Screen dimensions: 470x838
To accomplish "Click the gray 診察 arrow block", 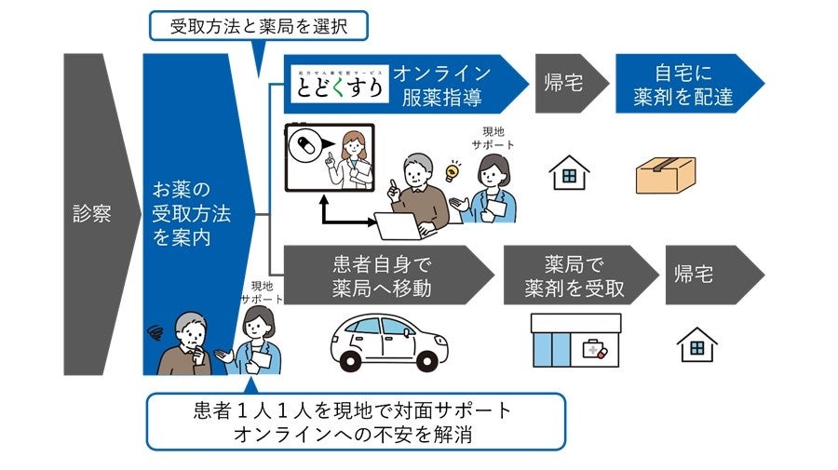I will point(93,214).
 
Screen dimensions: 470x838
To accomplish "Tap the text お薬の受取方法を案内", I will point(191,215).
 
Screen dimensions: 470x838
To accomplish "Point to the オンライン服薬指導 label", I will point(440,84).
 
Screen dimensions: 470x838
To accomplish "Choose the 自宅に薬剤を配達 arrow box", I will point(681,84).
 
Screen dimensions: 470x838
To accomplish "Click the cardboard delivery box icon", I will point(665,175).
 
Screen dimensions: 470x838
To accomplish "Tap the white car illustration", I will point(385,342).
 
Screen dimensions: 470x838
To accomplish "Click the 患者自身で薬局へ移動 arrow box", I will point(382,275).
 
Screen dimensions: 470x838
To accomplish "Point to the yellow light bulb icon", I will point(453,170).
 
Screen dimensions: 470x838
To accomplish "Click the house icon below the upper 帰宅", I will point(569,173).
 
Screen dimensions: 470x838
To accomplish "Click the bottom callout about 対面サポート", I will point(356,421).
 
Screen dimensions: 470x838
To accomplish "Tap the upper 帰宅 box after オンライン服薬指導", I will point(563,84).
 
